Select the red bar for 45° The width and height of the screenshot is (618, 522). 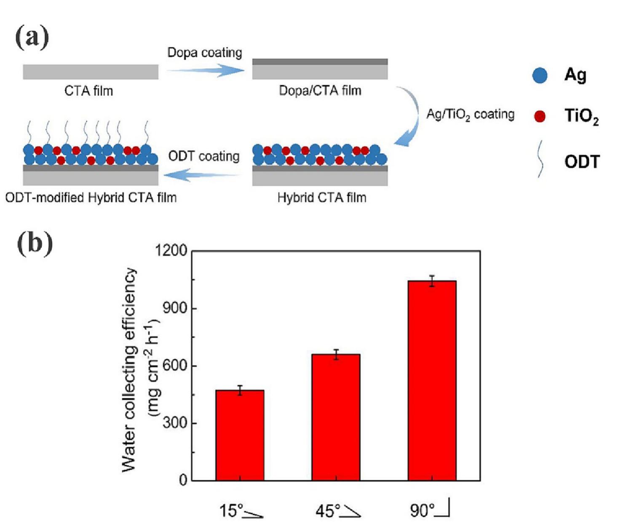click(336, 417)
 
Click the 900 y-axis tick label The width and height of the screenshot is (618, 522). click(175, 308)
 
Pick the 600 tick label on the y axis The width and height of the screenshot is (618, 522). click(175, 365)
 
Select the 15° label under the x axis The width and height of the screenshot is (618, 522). click(231, 511)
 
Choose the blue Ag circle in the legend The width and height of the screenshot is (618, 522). click(540, 75)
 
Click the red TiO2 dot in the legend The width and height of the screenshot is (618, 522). click(540, 116)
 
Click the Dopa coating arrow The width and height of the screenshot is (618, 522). click(206, 70)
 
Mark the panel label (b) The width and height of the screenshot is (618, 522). click(35, 244)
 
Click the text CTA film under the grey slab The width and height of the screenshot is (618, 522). click(88, 91)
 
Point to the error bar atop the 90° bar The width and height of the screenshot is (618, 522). click(432, 281)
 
